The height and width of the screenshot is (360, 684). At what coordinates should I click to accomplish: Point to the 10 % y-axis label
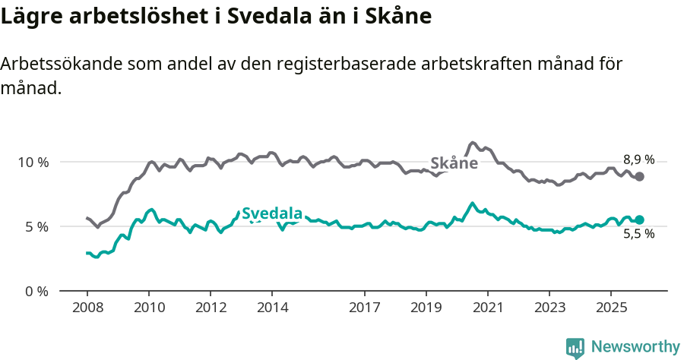coord(33,162)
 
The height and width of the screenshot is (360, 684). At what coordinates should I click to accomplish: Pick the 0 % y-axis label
coord(36,291)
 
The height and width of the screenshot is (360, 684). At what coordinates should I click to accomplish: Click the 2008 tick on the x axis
coord(87,309)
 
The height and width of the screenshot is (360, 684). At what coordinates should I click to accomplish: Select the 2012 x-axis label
coord(211,309)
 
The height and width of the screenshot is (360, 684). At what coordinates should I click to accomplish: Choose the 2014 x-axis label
coord(272,309)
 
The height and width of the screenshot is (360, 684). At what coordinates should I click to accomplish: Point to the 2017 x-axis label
coord(364,309)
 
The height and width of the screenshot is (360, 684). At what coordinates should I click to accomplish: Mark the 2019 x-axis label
coord(426,309)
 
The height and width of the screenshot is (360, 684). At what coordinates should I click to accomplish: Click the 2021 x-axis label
coord(487,309)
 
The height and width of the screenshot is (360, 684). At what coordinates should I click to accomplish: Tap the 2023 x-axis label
coord(549,309)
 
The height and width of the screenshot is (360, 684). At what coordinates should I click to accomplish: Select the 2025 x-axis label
coord(610,309)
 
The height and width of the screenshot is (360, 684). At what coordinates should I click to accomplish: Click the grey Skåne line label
coord(454,163)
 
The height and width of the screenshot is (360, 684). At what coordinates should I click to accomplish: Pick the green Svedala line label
coord(272,213)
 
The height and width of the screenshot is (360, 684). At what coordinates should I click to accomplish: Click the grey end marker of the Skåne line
coord(640,176)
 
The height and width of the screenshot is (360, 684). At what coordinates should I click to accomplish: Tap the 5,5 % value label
coord(638,234)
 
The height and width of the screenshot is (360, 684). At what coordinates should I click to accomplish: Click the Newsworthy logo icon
coord(575,347)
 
